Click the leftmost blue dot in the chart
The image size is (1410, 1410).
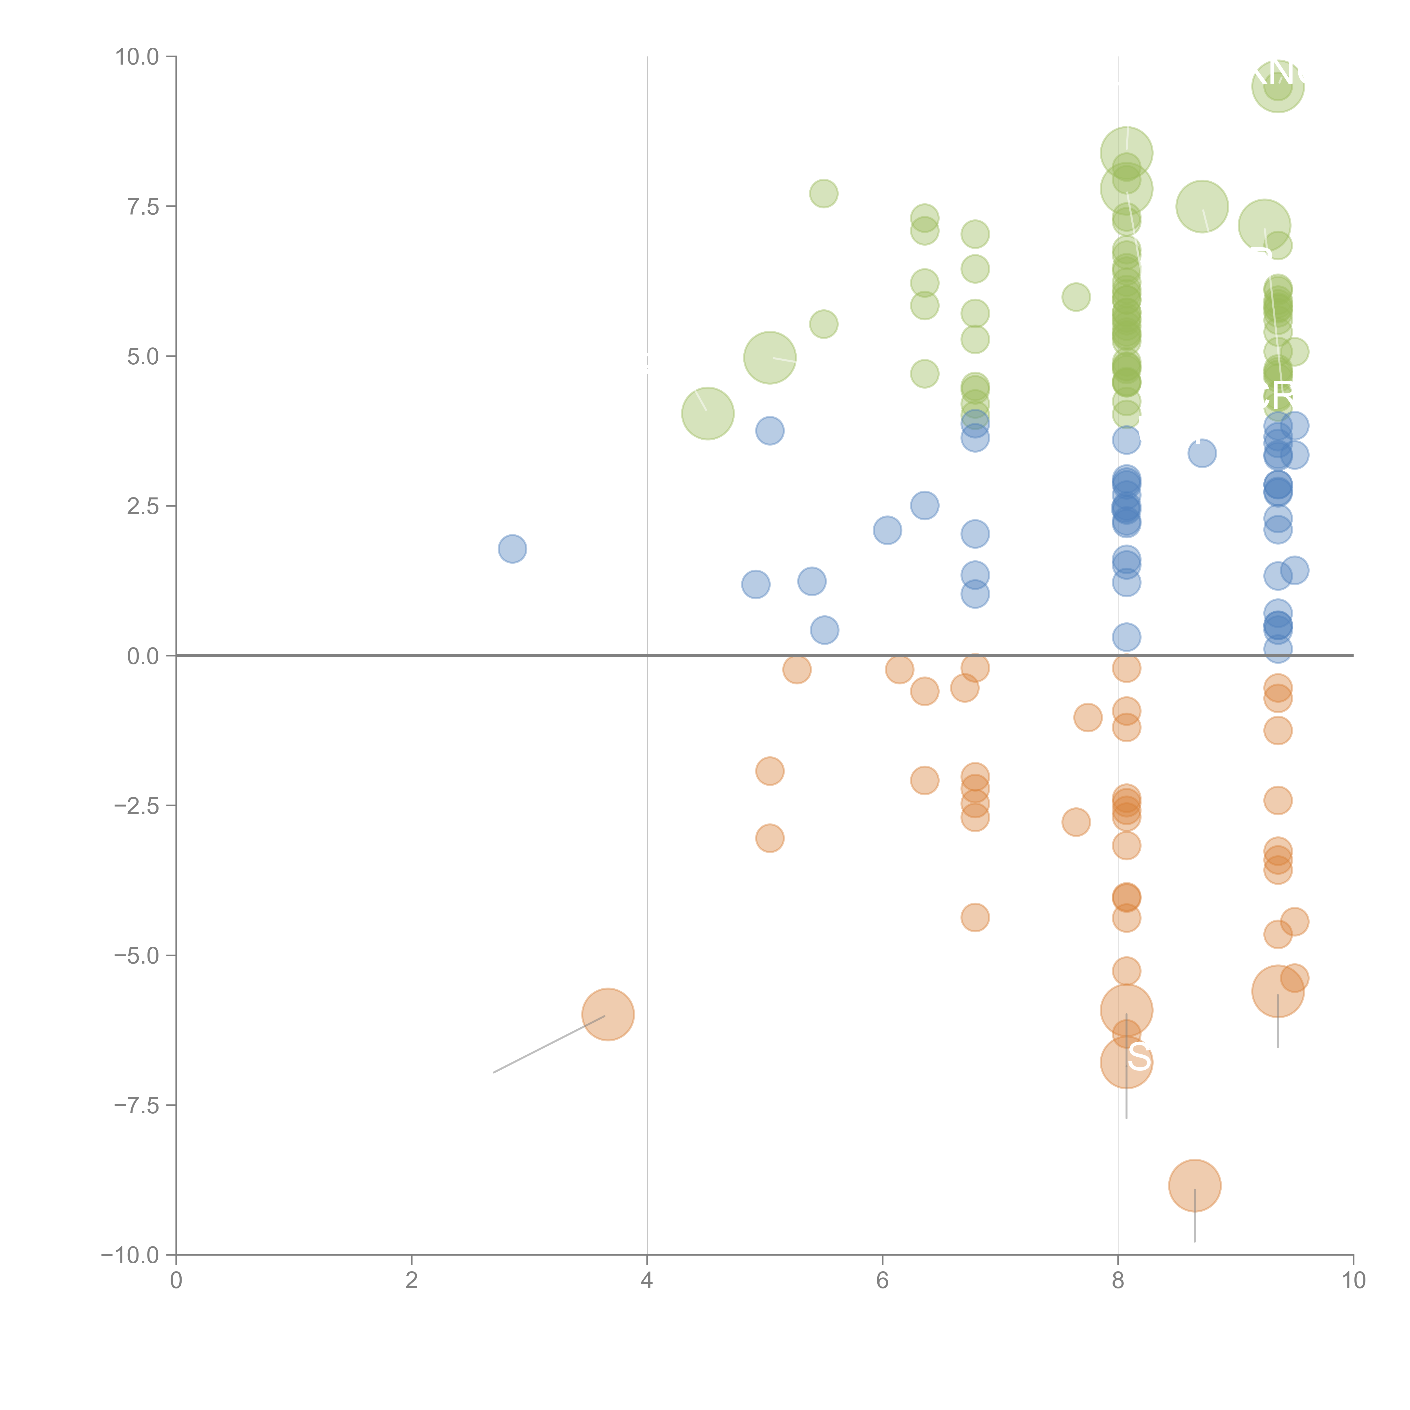[512, 549]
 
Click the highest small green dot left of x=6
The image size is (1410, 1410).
[823, 193]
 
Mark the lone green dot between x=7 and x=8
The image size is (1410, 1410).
[1075, 297]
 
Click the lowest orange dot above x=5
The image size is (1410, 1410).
[769, 838]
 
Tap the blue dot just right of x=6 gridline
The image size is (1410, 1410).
[887, 530]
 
